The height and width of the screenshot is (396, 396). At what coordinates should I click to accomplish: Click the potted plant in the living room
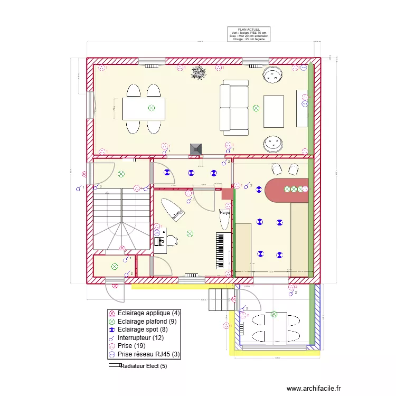tap(199, 73)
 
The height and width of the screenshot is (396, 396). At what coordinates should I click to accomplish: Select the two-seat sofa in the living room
tap(234, 107)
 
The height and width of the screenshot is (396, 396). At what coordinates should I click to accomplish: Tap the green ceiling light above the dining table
tap(152, 108)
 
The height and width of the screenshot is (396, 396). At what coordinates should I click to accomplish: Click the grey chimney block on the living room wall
tap(196, 149)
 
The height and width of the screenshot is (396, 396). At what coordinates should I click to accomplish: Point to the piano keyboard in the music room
tap(222, 250)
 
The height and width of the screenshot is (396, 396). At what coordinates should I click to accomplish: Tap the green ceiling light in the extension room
tap(274, 314)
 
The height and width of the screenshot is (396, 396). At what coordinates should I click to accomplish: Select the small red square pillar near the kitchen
tap(227, 193)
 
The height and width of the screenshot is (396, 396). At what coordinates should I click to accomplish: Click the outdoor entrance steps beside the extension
tap(221, 300)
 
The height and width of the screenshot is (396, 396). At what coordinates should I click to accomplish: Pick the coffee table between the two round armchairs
tap(274, 111)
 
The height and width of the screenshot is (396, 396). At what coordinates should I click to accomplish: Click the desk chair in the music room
tap(172, 241)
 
